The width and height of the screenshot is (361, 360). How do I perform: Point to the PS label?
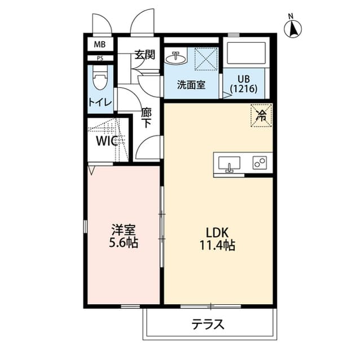point(100,57)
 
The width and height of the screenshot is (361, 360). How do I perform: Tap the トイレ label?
point(100,102)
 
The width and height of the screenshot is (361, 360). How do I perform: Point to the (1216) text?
point(244,89)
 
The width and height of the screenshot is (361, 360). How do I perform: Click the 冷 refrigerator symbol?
point(261,115)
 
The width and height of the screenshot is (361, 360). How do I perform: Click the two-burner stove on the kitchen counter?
point(260,163)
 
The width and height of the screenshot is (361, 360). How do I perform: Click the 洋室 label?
point(122,230)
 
